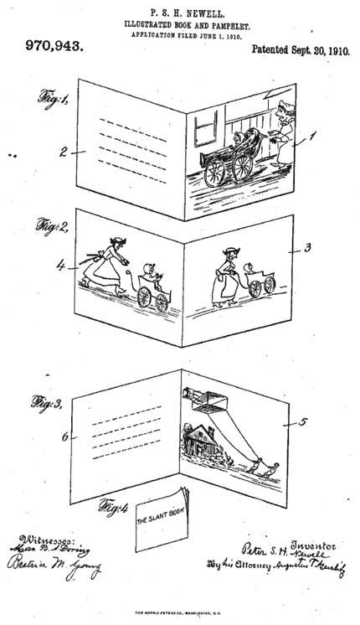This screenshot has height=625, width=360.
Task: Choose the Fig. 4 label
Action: point(114,507)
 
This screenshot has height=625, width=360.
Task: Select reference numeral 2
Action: point(62,152)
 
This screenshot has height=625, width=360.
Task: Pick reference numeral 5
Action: point(303,422)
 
